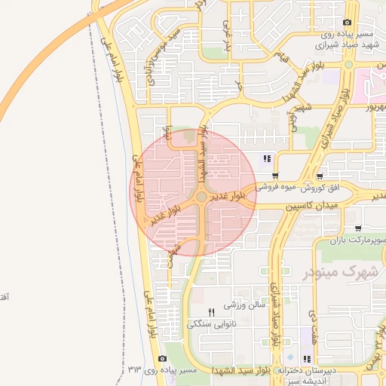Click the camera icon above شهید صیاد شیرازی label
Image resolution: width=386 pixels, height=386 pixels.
(x=347, y=23)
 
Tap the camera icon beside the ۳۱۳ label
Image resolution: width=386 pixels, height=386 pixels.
(x=163, y=360)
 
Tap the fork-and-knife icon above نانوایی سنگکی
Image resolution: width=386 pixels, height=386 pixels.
(x=212, y=311)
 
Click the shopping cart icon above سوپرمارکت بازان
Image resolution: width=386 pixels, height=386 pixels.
(x=357, y=228)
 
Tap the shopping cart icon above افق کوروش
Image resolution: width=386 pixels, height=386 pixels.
(x=322, y=173)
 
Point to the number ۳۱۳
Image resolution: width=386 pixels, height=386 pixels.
(x=135, y=369)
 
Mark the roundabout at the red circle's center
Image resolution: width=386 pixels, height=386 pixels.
(x=201, y=198)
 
